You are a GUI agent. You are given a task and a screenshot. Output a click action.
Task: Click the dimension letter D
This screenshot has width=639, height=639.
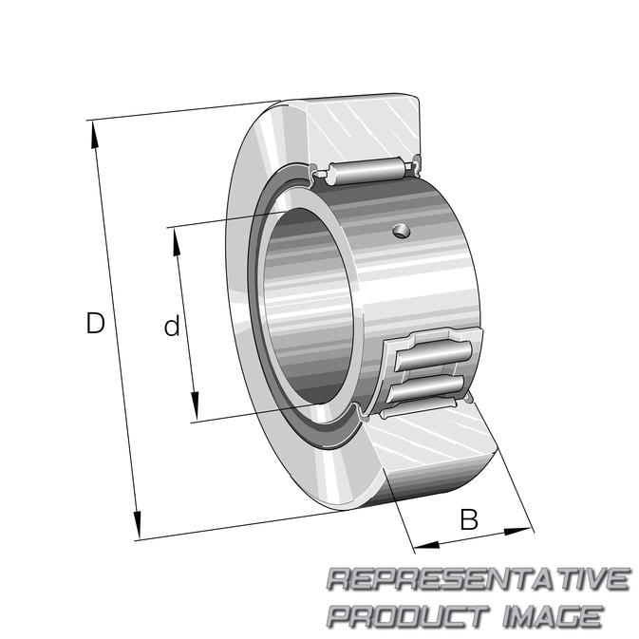[x=95, y=323]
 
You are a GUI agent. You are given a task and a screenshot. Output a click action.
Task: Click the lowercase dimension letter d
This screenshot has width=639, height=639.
[x=172, y=326]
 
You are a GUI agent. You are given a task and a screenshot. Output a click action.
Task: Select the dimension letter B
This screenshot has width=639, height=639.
[x=469, y=519]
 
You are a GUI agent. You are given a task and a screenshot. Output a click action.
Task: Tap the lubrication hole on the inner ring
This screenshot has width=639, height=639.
[x=402, y=232]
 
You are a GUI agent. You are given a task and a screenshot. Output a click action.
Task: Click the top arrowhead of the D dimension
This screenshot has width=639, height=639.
[x=95, y=135]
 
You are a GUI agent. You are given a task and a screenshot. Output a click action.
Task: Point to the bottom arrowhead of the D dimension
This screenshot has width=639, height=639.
[x=137, y=525]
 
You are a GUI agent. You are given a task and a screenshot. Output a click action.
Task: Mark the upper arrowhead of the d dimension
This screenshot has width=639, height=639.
[x=176, y=242]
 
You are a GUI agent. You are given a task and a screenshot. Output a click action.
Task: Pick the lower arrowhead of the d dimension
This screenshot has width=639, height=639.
[x=196, y=405]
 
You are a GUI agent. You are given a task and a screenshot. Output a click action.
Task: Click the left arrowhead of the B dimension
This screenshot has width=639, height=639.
[x=426, y=545]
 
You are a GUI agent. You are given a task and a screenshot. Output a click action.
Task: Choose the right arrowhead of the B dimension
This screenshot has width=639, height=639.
[x=518, y=532]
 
